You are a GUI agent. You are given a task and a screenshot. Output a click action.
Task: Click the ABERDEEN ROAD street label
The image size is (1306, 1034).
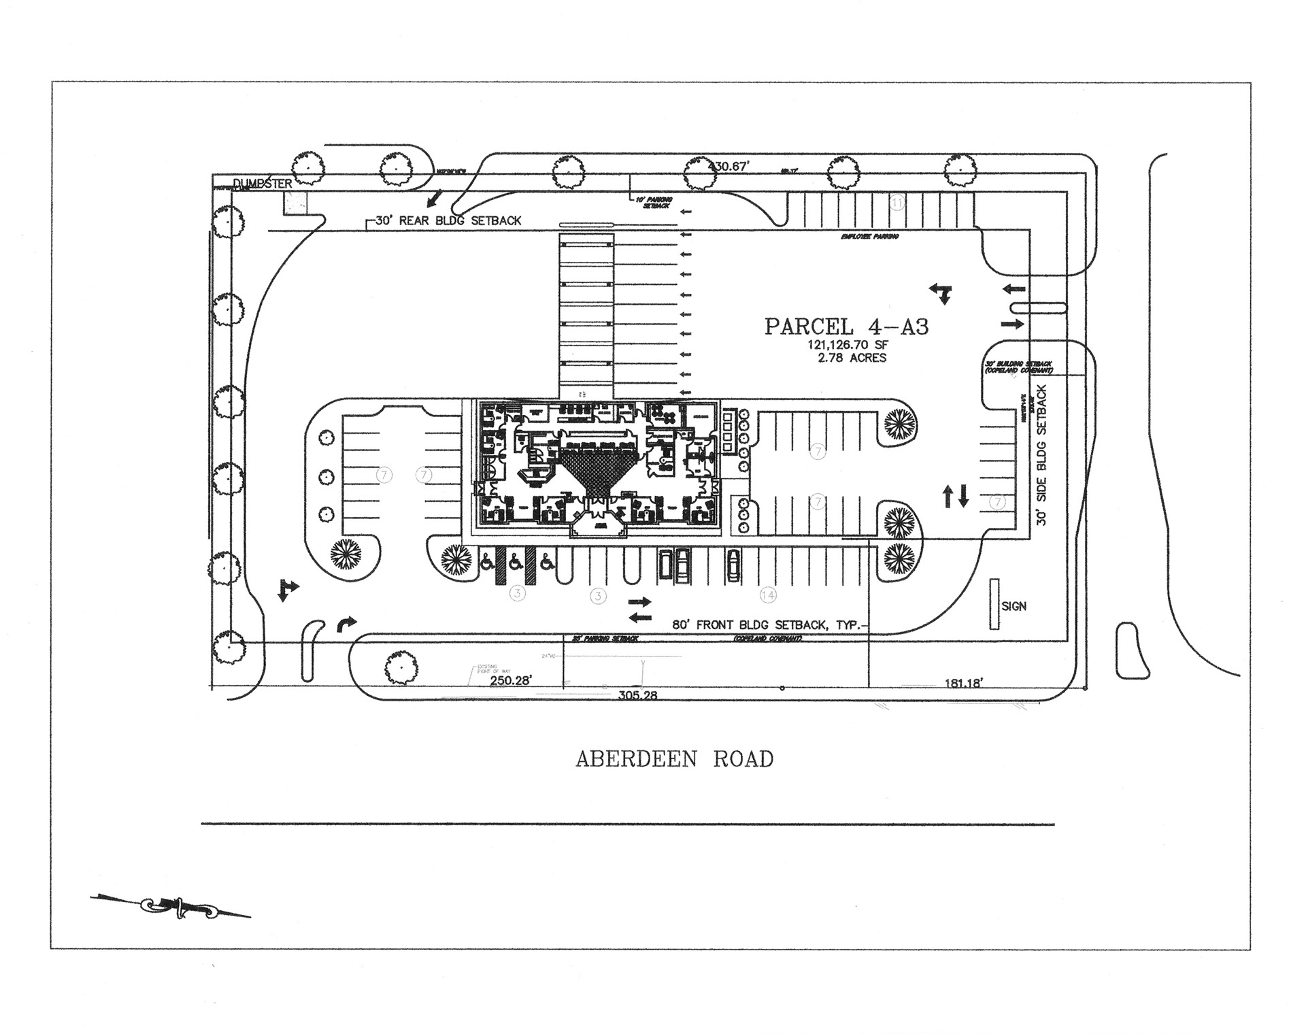point(674,759)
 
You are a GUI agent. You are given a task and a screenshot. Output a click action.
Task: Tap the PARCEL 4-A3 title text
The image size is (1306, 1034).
point(846,327)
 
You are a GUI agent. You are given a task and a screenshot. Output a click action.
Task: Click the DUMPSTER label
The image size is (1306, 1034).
point(263,184)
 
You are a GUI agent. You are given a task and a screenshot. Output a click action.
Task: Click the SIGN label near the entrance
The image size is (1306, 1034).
point(1014,606)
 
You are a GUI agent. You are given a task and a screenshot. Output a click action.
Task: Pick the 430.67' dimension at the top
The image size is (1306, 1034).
point(729,166)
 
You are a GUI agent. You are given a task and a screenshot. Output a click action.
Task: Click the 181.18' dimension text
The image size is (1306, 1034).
point(963,683)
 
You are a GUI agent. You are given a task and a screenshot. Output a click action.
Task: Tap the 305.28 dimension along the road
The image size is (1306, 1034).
point(637,695)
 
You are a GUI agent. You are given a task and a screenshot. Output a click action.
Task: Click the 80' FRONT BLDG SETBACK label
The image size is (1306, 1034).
point(767,624)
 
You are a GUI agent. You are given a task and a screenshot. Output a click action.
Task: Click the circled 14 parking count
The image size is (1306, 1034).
point(767,595)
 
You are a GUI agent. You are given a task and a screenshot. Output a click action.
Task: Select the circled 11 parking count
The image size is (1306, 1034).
point(897,203)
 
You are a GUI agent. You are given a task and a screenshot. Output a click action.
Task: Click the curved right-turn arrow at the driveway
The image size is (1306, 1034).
point(346,624)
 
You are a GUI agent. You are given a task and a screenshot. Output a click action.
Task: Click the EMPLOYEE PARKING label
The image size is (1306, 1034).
point(869,237)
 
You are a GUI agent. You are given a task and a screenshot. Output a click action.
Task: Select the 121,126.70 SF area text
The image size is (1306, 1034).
point(847,345)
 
